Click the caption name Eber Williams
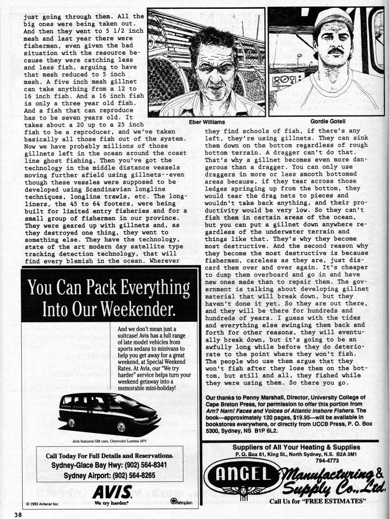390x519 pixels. pos(207,122)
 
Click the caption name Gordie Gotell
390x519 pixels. pos(329,121)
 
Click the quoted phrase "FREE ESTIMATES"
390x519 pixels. pos(337,501)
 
